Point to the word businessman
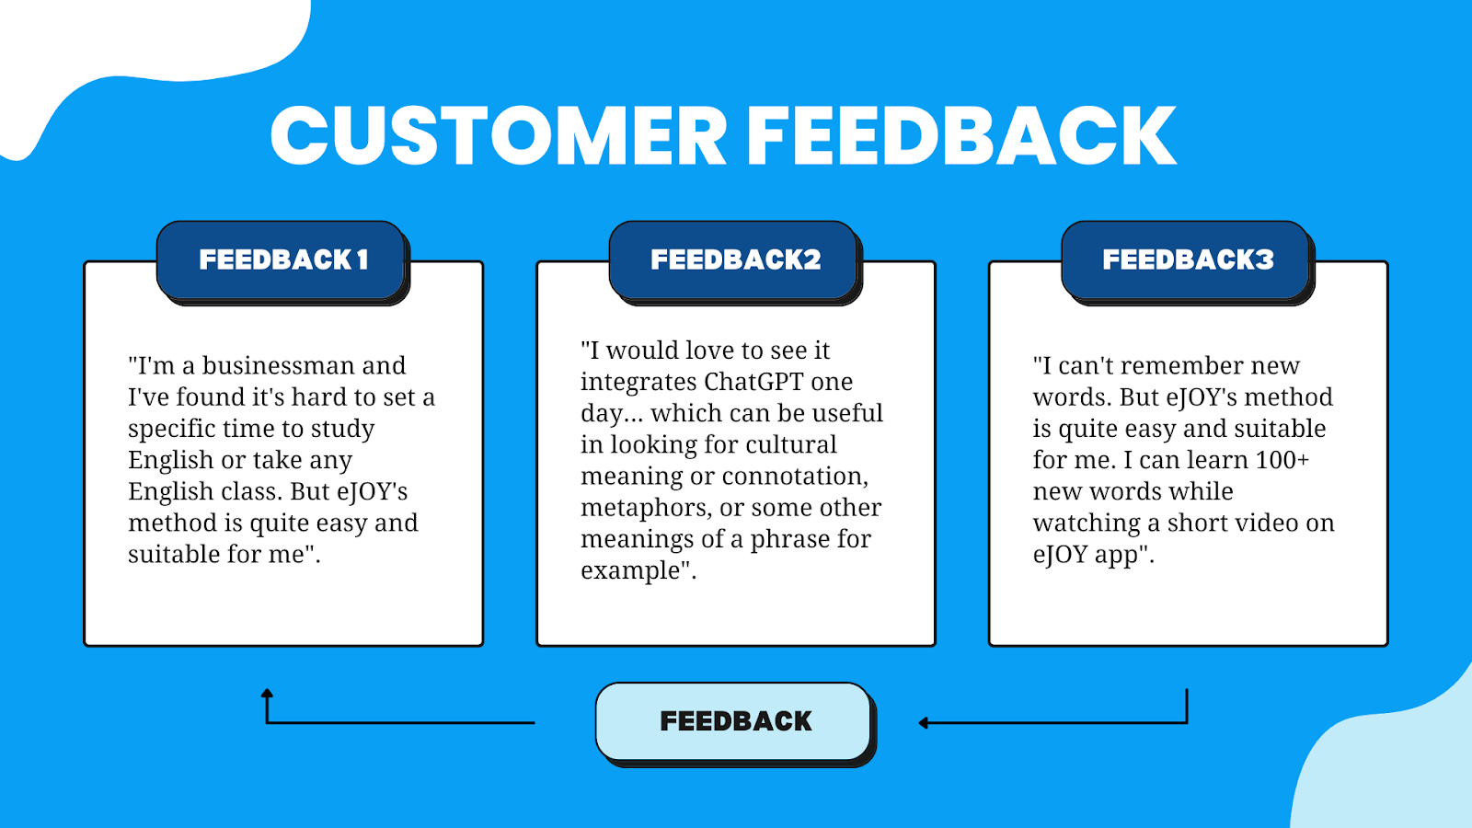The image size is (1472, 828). tap(278, 366)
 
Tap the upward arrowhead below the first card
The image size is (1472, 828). tap(267, 694)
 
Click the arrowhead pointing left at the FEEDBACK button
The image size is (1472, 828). tap(924, 723)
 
